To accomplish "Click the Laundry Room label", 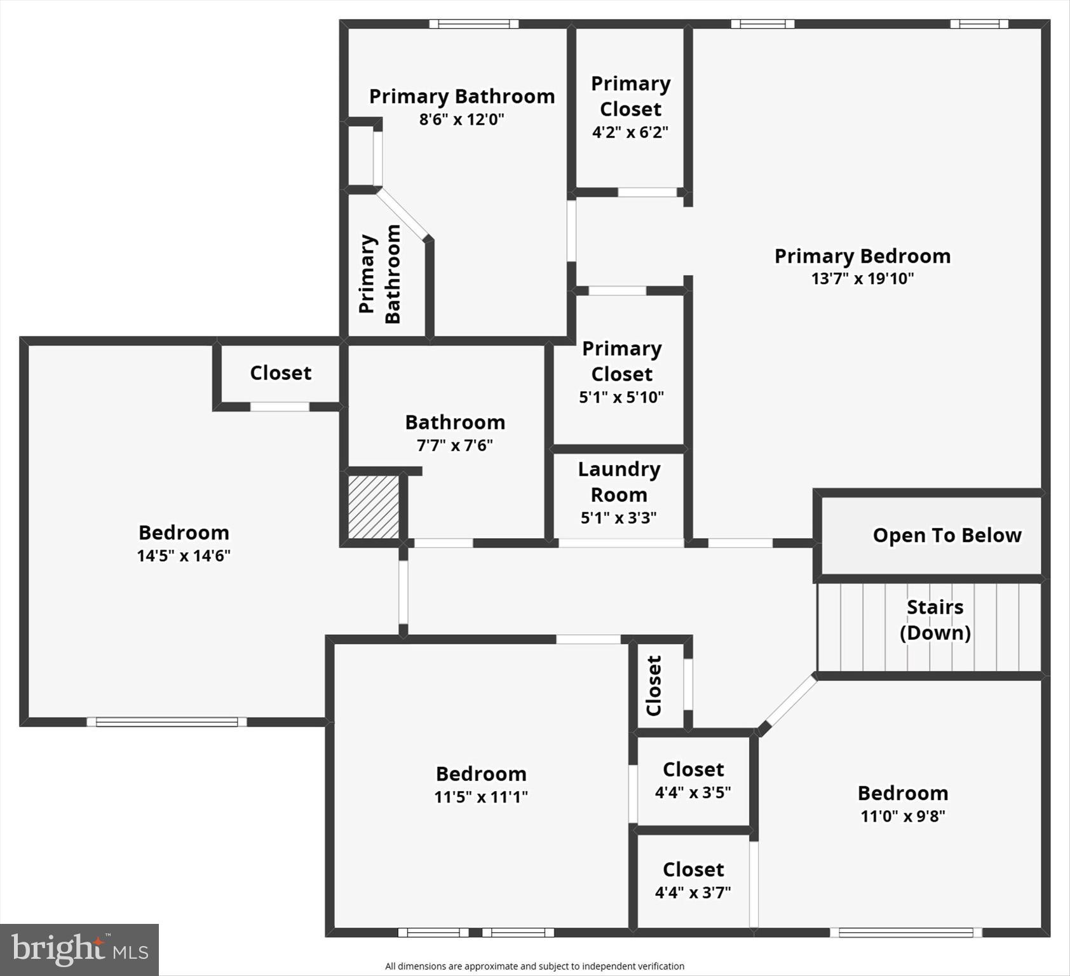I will (619, 482).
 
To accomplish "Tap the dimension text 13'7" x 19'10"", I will (862, 278).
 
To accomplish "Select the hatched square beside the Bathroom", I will (374, 507).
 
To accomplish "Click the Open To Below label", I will (947, 535).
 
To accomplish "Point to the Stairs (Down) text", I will (935, 620).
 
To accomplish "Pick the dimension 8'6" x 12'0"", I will (461, 119).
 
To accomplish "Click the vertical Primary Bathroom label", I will (380, 274).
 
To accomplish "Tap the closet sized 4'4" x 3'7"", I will (693, 880).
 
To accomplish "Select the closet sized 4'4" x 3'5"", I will (693, 780).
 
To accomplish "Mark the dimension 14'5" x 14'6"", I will (184, 555).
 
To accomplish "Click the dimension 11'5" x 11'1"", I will (481, 797).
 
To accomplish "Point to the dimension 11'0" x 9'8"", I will (903, 816).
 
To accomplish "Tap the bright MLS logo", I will (79, 949).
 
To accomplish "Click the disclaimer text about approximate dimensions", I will (534, 966).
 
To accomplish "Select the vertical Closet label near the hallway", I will (654, 686).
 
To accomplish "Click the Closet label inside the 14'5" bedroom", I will (280, 372).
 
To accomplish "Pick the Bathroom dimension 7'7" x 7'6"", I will (455, 445).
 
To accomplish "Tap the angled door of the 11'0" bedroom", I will (790, 703).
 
